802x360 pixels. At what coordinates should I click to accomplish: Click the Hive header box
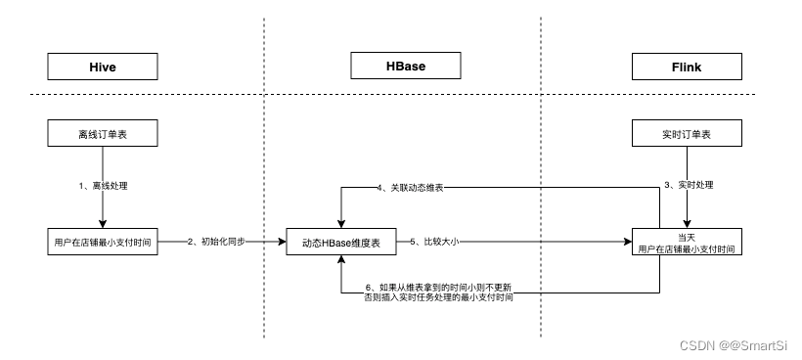(x=102, y=67)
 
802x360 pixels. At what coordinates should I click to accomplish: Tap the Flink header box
(x=681, y=67)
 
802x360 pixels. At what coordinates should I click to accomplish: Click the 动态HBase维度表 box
(x=340, y=241)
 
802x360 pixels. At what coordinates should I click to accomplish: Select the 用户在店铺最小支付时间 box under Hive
(x=102, y=241)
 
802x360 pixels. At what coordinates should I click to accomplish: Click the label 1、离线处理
(x=104, y=186)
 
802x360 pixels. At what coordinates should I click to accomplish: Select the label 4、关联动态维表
(x=410, y=187)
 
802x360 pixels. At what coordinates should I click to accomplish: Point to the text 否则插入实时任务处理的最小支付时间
(x=437, y=296)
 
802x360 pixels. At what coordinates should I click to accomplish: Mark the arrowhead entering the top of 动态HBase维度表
(x=340, y=222)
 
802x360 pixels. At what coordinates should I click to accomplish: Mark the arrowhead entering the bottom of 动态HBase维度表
(x=340, y=259)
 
